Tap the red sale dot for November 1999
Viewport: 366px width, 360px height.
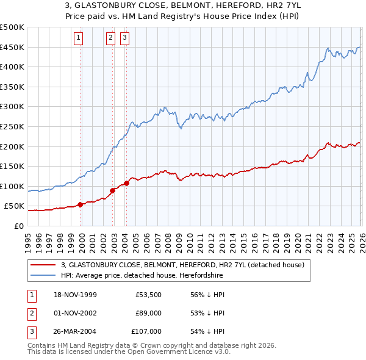click(x=81, y=204)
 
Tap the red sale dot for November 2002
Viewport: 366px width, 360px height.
click(x=113, y=190)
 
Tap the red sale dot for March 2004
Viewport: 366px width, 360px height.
click(x=126, y=183)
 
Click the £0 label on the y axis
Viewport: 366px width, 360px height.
click(x=19, y=226)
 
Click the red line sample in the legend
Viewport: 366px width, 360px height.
click(x=44, y=265)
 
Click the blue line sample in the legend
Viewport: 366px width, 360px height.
click(x=44, y=276)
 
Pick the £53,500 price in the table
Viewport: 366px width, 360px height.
click(x=149, y=295)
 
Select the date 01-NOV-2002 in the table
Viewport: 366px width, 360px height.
click(x=74, y=313)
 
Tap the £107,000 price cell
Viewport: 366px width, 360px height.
click(x=147, y=331)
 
